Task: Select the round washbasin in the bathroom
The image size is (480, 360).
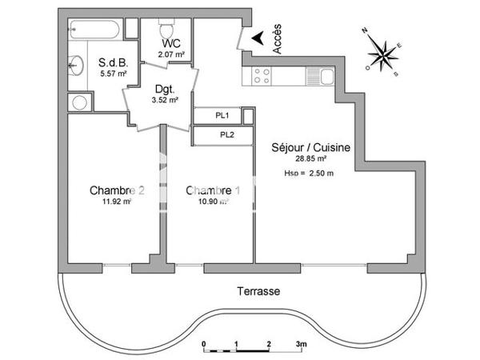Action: (x=77, y=66)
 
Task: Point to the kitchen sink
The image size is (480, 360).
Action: (x=327, y=76)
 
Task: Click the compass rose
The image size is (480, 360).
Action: (x=382, y=53)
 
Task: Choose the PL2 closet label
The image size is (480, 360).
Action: (x=226, y=134)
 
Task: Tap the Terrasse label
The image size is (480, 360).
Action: (x=258, y=292)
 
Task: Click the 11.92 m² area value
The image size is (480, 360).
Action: (x=116, y=202)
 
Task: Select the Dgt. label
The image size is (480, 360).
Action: (x=164, y=90)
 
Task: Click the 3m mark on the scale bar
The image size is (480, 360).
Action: (x=301, y=343)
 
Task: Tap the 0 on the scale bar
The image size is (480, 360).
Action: (x=205, y=343)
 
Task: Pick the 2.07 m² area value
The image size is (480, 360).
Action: (x=172, y=54)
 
